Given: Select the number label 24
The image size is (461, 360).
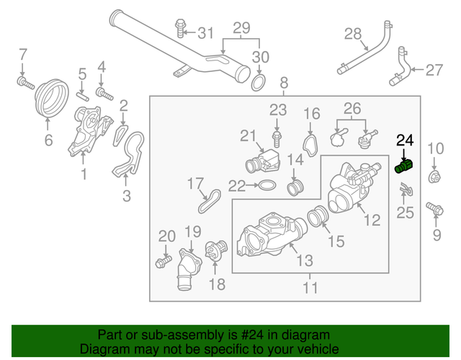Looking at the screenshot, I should (x=406, y=142).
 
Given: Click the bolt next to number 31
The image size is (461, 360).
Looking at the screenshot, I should (x=180, y=31).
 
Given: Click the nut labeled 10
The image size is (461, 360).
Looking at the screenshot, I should (x=435, y=177).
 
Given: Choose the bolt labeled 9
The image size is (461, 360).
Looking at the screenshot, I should (x=434, y=208).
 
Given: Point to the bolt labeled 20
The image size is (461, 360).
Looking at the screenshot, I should (x=162, y=260).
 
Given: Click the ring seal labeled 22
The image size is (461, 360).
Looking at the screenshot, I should (x=265, y=186).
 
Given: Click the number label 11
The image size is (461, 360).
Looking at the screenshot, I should (x=310, y=288).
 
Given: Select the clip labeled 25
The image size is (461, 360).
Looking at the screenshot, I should (x=404, y=191).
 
